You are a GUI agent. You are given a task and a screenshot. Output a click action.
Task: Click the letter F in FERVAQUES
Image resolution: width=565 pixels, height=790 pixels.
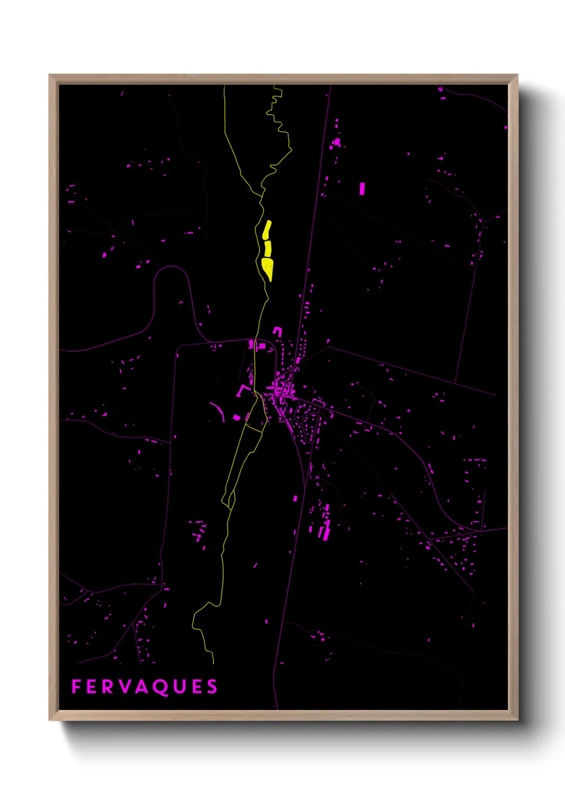(x=76, y=686)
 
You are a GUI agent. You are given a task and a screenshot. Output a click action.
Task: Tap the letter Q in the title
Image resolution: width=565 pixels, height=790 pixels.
(x=162, y=687)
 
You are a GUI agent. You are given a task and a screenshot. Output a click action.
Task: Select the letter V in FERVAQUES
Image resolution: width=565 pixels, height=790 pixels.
(x=125, y=686)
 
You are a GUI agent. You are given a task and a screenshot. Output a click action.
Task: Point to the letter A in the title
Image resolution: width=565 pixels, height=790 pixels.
(x=143, y=686)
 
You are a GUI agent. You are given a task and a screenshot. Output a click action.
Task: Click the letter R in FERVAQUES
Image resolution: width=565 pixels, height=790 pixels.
(x=109, y=686)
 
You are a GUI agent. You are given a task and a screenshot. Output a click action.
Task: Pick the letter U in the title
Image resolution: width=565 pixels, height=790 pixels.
(x=181, y=686)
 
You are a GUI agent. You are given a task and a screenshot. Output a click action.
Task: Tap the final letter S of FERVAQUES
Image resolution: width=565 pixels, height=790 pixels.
(x=213, y=686)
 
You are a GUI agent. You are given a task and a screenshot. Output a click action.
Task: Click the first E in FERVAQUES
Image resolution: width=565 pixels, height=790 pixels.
(x=92, y=686)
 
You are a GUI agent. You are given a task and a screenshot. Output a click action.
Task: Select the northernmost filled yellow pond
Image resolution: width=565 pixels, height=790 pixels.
(x=267, y=230)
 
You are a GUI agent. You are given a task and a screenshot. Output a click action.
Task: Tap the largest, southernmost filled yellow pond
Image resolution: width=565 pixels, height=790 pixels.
(x=268, y=268)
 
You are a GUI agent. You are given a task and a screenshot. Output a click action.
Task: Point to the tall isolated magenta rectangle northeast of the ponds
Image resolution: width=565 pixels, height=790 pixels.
(x=362, y=188)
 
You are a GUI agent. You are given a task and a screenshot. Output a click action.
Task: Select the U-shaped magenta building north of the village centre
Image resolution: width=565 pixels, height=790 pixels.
(x=277, y=331)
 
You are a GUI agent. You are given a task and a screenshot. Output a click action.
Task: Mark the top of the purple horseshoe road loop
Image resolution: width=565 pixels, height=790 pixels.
(x=172, y=267)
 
